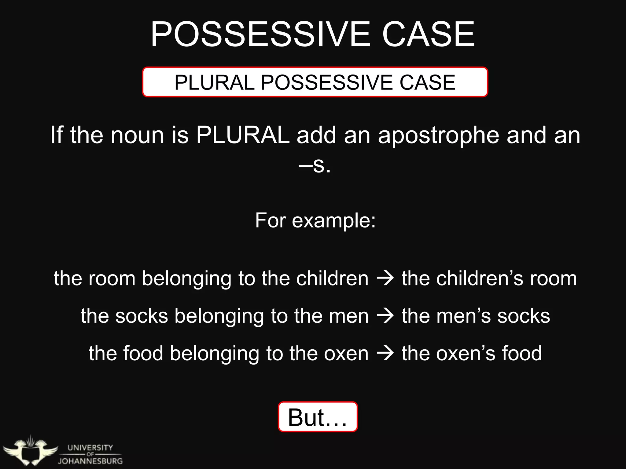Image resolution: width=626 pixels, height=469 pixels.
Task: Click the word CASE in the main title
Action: tap(429, 34)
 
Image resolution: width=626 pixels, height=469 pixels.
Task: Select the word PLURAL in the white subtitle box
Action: tap(214, 82)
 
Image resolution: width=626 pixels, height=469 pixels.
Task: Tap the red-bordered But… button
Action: tap(318, 417)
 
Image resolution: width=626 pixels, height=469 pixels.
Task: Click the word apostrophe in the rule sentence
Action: tap(438, 135)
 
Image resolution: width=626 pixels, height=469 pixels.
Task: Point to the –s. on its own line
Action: tap(315, 165)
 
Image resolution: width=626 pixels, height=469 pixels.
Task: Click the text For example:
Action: tap(315, 220)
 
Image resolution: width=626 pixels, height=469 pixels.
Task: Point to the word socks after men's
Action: tap(524, 316)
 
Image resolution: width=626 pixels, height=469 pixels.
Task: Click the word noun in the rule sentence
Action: tap(137, 135)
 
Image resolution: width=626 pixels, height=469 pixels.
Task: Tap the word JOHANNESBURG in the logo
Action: tap(90, 461)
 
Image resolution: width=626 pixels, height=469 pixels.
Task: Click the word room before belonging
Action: tap(112, 278)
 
